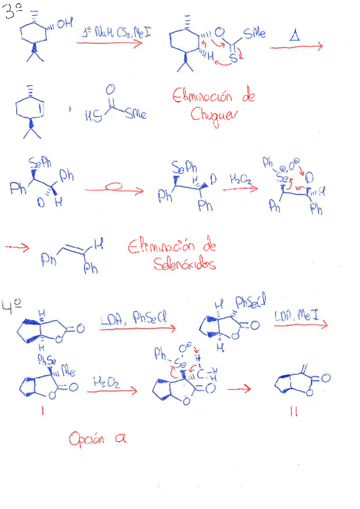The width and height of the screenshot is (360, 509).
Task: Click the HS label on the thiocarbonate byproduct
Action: (91, 114)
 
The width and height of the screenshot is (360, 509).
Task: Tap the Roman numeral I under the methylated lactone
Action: (41, 413)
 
